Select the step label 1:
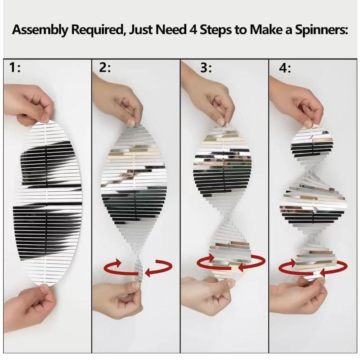click(x=15, y=68)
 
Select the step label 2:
click(x=104, y=68)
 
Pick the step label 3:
click(x=206, y=68)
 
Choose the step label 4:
click(x=285, y=68)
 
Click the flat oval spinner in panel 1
click(x=47, y=202)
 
